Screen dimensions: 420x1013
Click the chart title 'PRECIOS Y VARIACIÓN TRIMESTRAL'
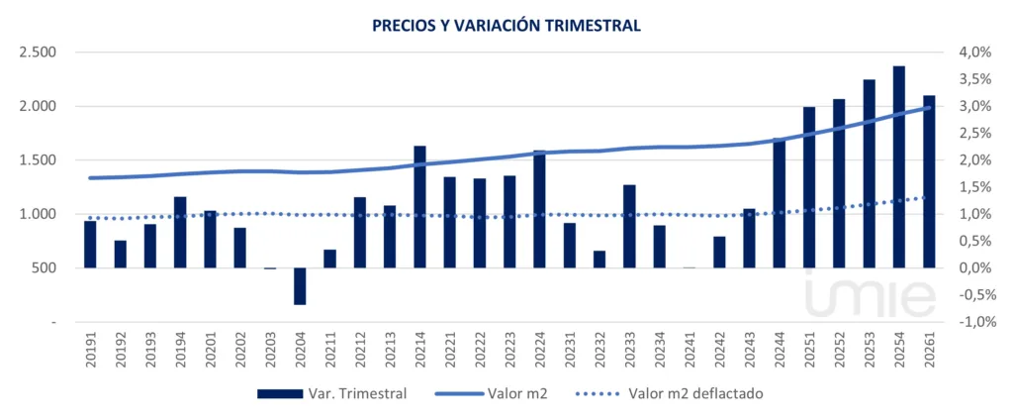(506, 26)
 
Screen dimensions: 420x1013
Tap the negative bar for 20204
(300, 285)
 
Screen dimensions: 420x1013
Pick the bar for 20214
(419, 206)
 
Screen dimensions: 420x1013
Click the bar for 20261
(929, 181)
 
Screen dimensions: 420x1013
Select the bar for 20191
(90, 244)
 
